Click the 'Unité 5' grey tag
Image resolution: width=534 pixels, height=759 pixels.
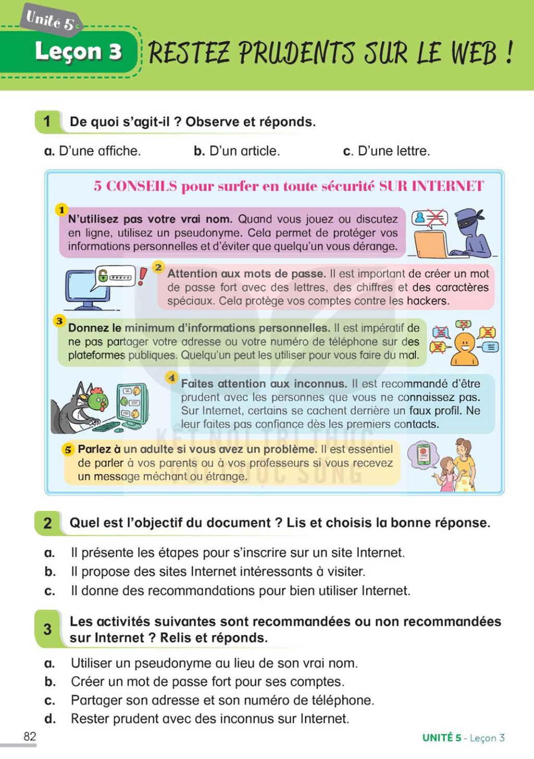pos(51,20)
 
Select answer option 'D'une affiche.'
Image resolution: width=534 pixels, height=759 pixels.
pos(92,151)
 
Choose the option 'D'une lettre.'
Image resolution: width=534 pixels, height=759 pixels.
pos(386,151)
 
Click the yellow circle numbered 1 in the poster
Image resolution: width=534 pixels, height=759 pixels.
pos(61,210)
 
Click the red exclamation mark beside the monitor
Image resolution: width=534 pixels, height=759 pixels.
pos(142,276)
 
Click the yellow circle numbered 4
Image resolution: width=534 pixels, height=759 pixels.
pos(172,377)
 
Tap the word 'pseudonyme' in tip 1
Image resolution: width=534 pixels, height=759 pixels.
pos(207,233)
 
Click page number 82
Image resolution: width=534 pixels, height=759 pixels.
pos(30,737)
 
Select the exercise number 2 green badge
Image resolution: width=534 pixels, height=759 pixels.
pos(47,523)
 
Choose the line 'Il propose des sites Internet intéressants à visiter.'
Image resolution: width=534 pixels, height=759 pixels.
pos(218,572)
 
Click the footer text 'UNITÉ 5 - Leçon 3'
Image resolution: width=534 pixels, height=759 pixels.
pos(463,738)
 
